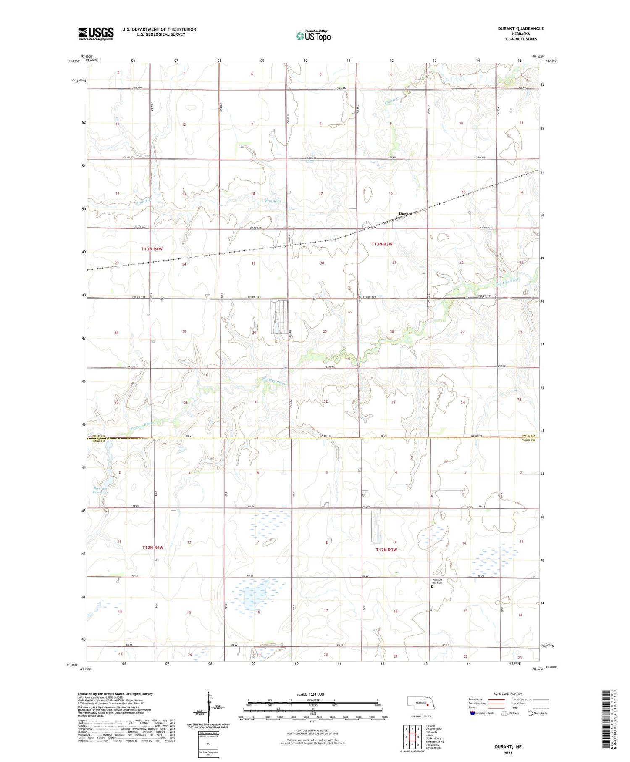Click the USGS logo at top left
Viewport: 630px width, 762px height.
pyautogui.click(x=96, y=34)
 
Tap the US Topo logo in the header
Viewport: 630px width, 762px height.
pyautogui.click(x=313, y=36)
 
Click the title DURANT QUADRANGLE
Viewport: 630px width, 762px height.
pyautogui.click(x=520, y=29)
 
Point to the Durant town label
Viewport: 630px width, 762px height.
pyautogui.click(x=405, y=214)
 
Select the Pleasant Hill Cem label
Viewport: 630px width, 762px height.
pyautogui.click(x=437, y=581)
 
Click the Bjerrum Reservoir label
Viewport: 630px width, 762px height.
pyautogui.click(x=100, y=489)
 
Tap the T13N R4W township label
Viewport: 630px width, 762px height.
pyautogui.click(x=152, y=249)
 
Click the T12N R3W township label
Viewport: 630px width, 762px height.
pyautogui.click(x=386, y=550)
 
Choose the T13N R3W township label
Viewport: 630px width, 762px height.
pyautogui.click(x=382, y=244)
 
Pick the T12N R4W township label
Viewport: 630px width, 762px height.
pyautogui.click(x=152, y=548)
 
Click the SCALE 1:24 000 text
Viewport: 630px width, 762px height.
pyautogui.click(x=310, y=694)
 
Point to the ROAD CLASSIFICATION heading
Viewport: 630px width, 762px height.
pyautogui.click(x=508, y=693)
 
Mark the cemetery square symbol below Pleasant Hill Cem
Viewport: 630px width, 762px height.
pyautogui.click(x=432, y=588)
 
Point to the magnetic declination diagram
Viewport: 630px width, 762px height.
pyautogui.click(x=209, y=706)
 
